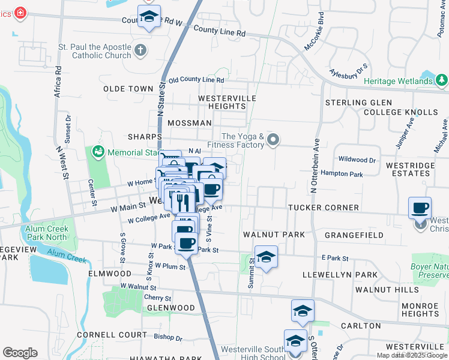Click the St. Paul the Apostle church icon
[140, 50]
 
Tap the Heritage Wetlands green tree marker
[442, 80]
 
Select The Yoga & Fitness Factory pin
[273, 140]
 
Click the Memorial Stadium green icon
[98, 152]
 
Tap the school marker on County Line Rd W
[149, 17]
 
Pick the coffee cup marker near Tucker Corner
[420, 208]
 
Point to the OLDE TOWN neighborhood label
[128, 89]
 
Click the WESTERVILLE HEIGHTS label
[228, 102]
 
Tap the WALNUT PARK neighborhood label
[274, 234]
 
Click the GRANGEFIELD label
[354, 235]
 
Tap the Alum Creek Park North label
[47, 232]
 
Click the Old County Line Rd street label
[196, 80]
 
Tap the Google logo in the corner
[20, 353]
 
